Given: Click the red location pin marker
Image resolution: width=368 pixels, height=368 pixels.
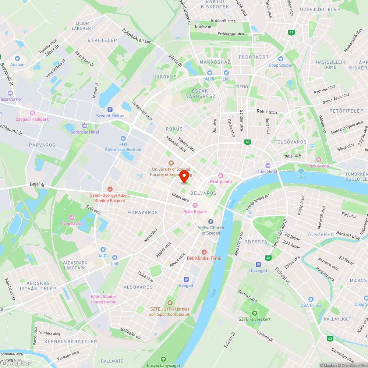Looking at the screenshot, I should [x=185, y=176].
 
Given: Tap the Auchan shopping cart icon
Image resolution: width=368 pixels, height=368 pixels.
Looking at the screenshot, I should [x=17, y=58].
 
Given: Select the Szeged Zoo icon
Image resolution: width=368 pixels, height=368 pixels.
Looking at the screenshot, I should [x=71, y=217].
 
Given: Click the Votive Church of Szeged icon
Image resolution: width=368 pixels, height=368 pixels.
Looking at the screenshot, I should [x=210, y=222].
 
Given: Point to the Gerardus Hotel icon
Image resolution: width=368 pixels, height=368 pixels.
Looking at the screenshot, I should [x=85, y=126].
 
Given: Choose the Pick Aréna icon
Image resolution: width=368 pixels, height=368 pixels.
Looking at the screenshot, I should [x=318, y=160].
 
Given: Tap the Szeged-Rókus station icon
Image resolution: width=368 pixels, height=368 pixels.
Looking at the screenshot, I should [x=110, y=109].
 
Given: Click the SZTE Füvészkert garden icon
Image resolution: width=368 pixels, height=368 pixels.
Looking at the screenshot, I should [x=254, y=313].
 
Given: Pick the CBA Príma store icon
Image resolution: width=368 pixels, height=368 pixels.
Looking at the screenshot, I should [x=311, y=299].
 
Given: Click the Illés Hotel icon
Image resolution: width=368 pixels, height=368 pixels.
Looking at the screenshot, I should [x=268, y=165].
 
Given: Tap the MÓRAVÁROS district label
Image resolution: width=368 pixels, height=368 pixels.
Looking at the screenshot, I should [x=142, y=212].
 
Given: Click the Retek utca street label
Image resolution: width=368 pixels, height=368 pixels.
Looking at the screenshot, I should [x=267, y=112].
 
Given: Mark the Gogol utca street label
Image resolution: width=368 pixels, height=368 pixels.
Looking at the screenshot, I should [x=180, y=197].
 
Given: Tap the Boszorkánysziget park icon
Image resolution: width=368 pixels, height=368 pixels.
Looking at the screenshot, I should [x=163, y=359].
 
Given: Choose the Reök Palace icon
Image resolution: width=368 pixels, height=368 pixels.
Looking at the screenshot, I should [x=195, y=205].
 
